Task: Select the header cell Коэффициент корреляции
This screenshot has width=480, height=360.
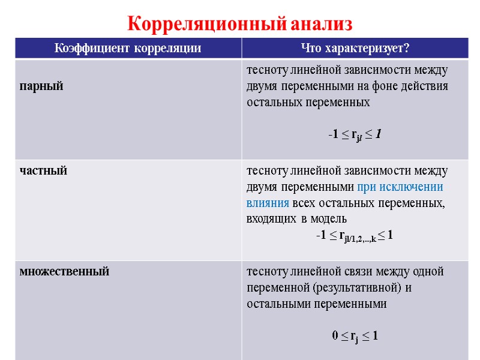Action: coord(128,48)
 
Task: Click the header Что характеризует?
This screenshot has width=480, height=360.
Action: coord(355,48)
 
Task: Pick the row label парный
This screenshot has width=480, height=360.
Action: coord(41,86)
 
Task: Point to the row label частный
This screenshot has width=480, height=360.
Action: coord(43,171)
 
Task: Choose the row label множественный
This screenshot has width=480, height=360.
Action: coord(64,271)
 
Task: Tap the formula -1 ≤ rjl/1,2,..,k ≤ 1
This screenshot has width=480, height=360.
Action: coord(355,236)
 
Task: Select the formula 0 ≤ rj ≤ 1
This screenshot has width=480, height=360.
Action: coord(355,336)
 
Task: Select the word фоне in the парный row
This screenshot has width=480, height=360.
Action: coord(382,86)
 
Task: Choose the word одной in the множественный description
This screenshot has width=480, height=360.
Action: coord(429,271)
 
